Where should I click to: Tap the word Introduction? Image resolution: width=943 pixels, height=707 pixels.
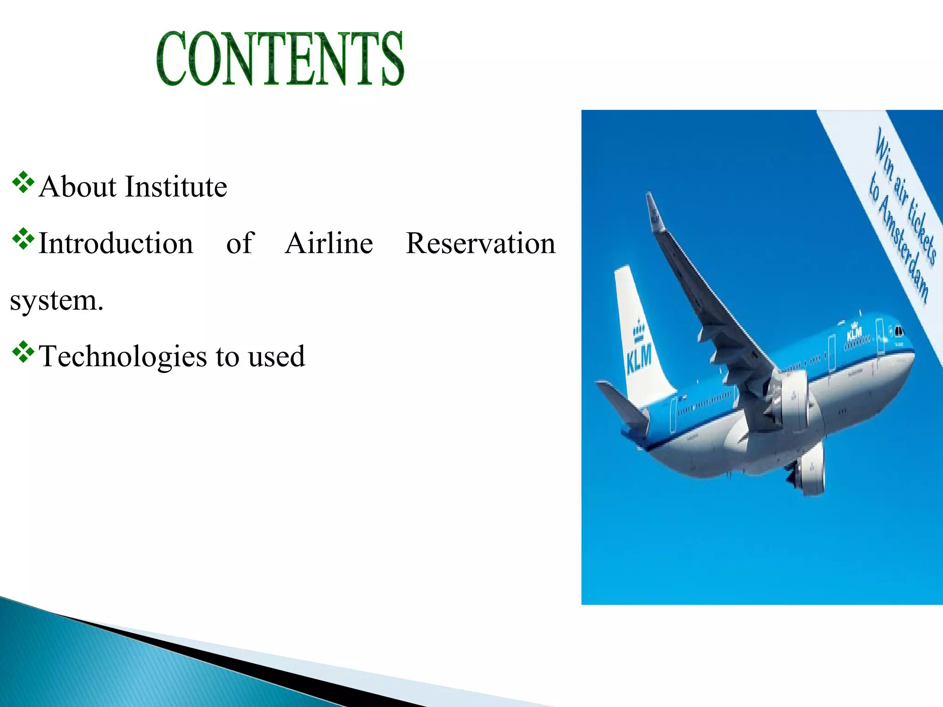[116, 243]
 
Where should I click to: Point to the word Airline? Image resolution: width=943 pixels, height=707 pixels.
[329, 243]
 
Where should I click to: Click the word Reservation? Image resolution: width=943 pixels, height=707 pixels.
[480, 243]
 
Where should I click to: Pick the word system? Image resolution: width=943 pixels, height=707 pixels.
[56, 301]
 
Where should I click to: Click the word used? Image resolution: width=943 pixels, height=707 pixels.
[276, 357]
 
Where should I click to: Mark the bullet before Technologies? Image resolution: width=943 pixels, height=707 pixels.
[23, 353]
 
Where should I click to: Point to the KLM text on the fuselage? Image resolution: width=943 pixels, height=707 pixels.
[854, 332]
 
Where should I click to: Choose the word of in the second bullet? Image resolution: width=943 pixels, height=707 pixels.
[240, 243]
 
